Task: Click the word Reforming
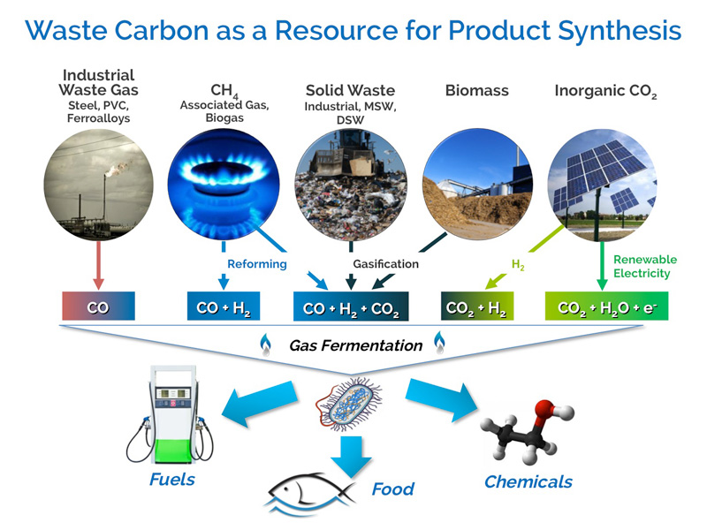click(x=257, y=264)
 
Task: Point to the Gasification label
click(x=385, y=264)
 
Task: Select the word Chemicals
click(x=528, y=481)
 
